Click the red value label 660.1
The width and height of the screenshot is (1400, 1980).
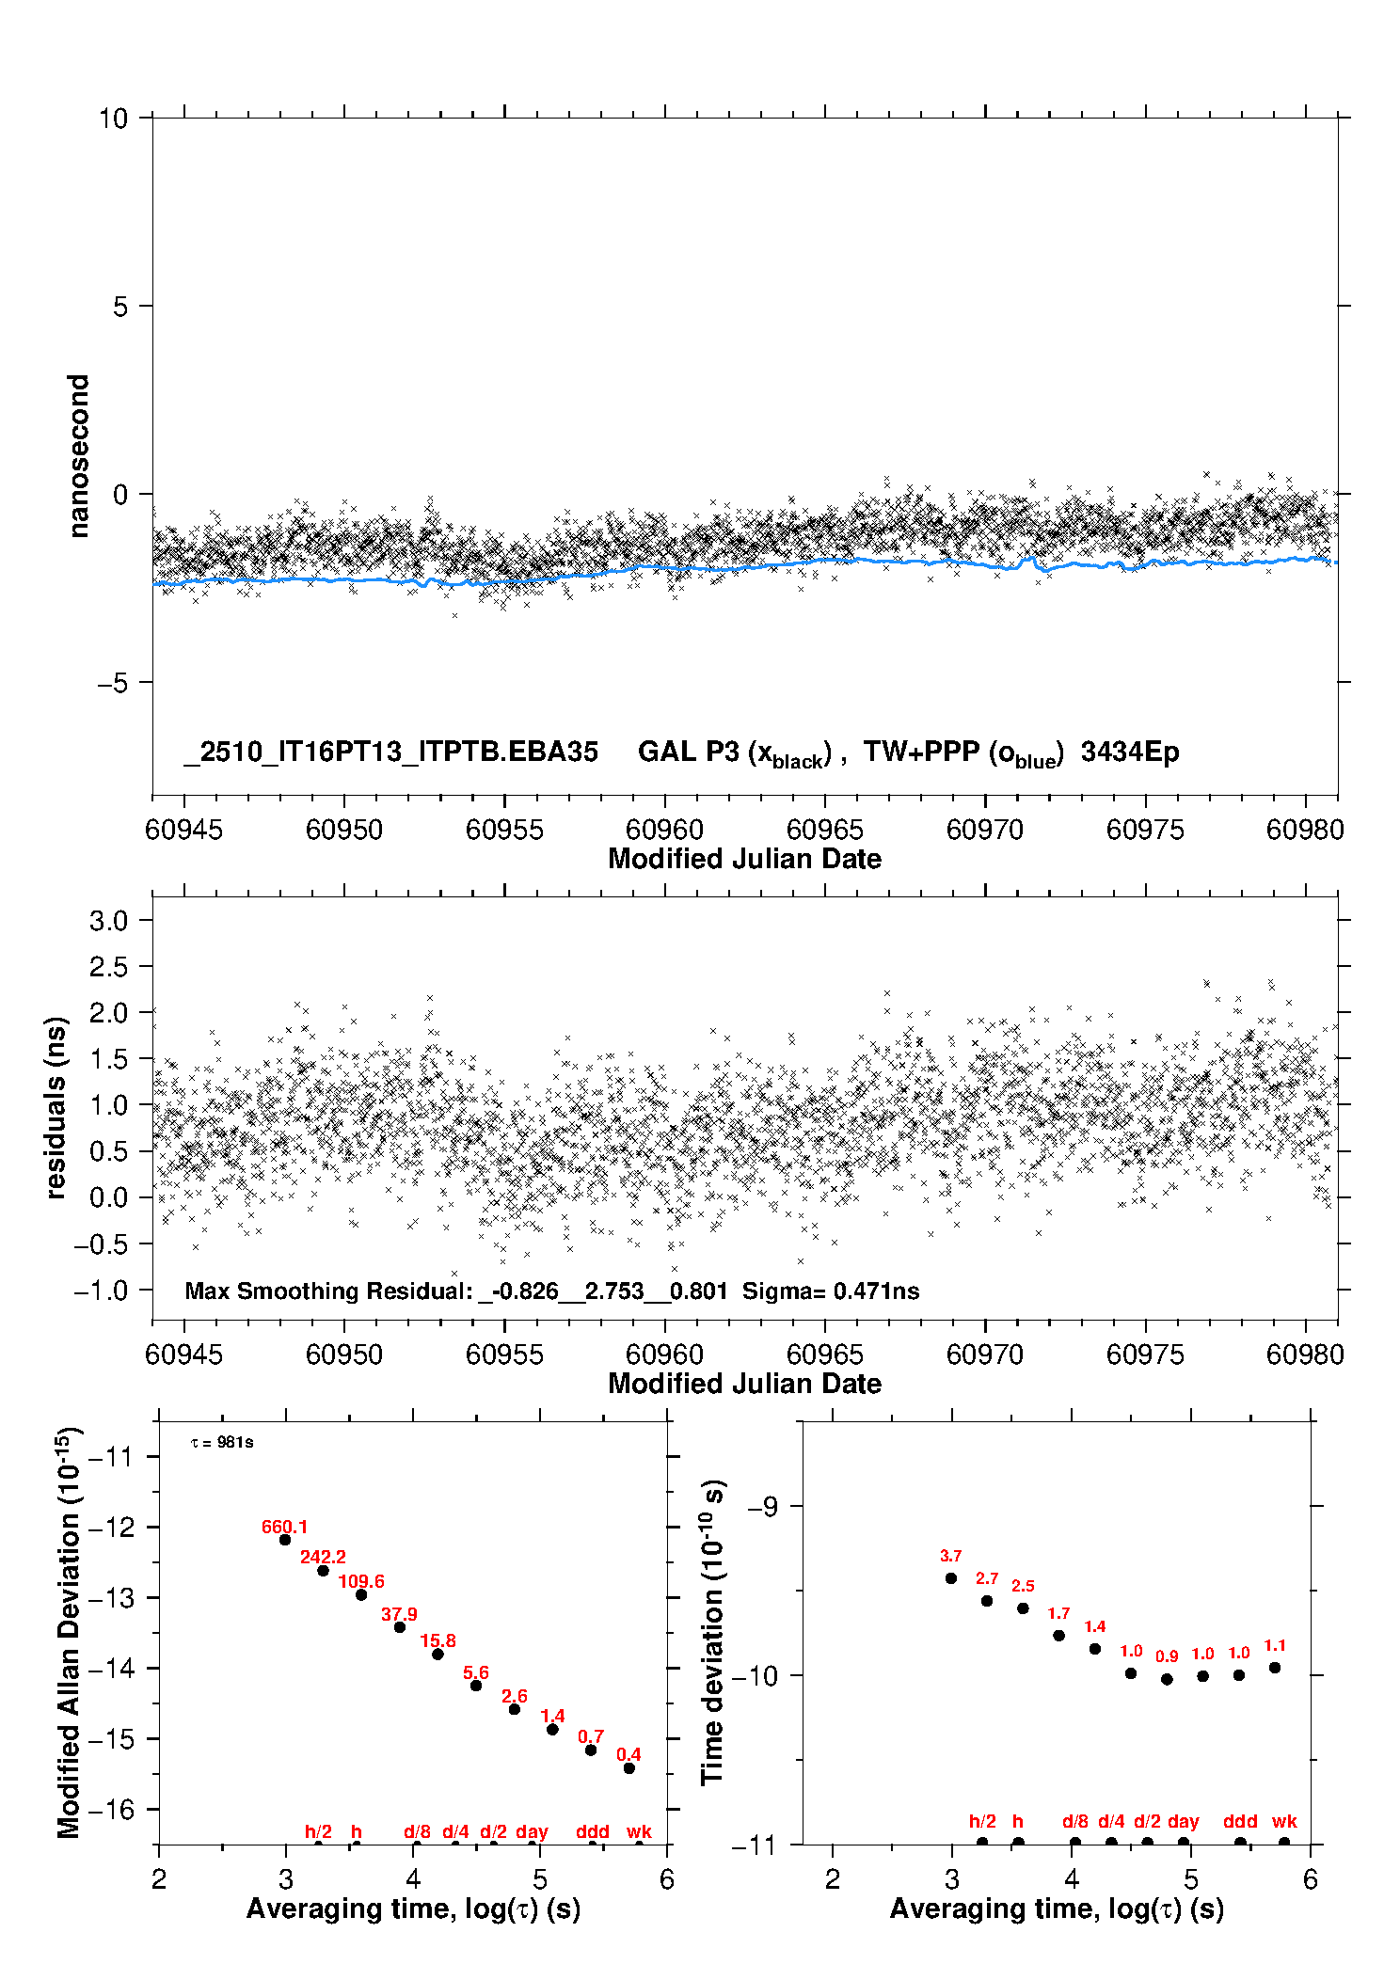[284, 1527]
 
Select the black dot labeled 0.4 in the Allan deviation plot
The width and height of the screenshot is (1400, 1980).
[629, 1768]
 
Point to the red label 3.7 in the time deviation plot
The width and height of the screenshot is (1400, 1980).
[950, 1556]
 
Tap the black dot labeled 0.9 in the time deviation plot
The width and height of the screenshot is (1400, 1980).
[1167, 1679]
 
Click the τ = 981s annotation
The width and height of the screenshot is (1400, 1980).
[222, 1443]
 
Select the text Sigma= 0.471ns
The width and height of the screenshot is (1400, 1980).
[831, 1291]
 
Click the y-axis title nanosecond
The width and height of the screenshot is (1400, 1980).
[78, 456]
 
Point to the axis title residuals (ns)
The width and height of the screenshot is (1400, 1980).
[56, 1108]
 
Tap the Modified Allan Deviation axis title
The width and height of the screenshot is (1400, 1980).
[69, 1632]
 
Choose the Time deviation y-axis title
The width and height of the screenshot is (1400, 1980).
[712, 1632]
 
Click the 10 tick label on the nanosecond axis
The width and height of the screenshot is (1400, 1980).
[113, 119]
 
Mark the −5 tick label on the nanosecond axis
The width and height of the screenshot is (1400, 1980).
[112, 683]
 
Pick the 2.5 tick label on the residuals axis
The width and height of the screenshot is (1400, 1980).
[108, 967]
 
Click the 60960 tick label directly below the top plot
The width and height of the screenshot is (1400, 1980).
[664, 830]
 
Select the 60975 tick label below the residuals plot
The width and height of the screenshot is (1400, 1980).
[1145, 1354]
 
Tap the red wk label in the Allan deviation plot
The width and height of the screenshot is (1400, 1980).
[639, 1831]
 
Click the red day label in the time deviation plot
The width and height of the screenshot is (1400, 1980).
[1183, 1821]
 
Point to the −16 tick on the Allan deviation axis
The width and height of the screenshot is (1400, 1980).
[111, 1810]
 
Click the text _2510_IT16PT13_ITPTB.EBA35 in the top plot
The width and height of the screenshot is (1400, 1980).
[390, 752]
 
